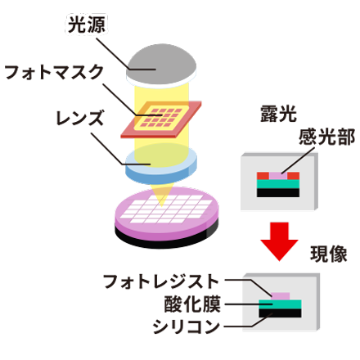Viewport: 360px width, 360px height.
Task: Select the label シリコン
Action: tap(189, 325)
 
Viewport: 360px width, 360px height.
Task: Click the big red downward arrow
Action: tap(278, 241)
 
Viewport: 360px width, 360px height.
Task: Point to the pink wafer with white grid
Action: tap(168, 214)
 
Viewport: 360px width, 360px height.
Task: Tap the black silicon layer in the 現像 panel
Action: tap(280, 313)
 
